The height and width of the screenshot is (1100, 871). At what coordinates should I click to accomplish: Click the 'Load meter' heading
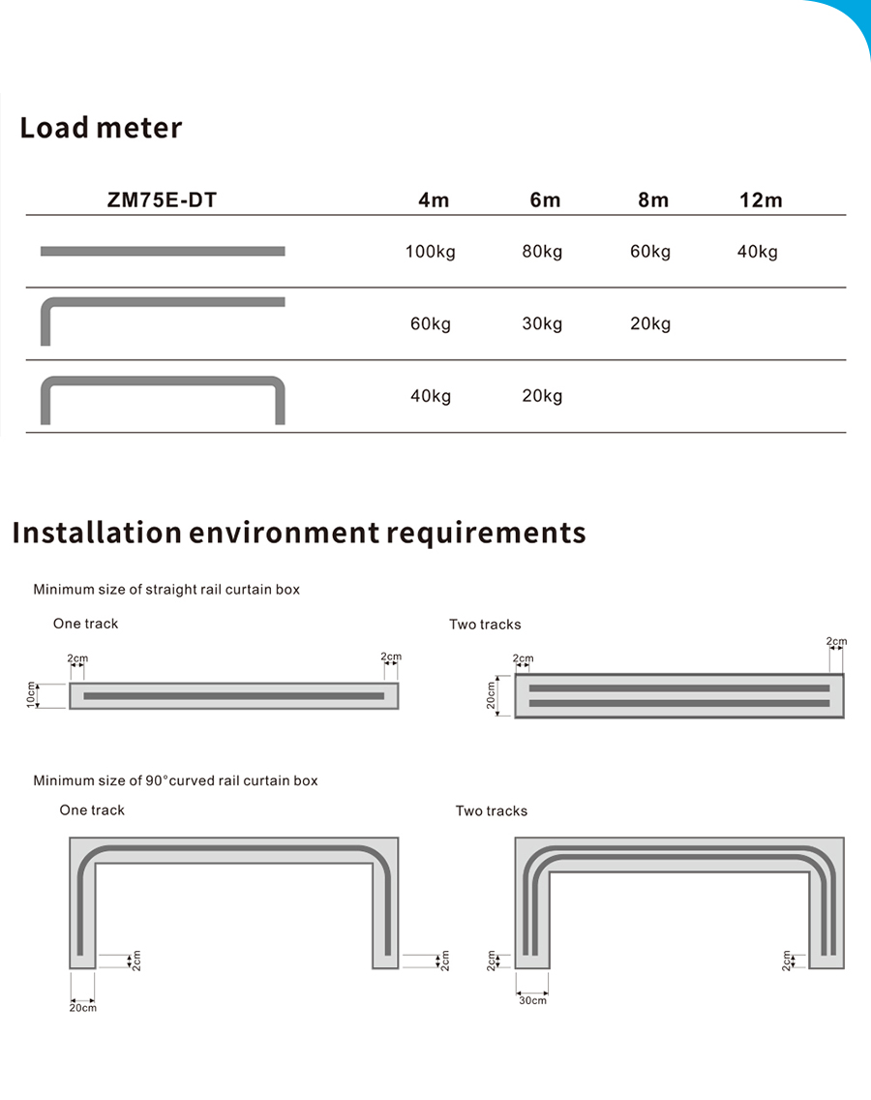point(101,128)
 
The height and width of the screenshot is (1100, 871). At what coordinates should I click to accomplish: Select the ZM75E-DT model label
point(162,200)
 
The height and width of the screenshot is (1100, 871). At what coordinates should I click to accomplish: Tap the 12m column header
point(760,200)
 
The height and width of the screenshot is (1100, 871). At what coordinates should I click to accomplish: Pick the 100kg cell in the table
point(430,252)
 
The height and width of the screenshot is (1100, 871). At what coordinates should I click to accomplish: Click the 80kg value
point(542,252)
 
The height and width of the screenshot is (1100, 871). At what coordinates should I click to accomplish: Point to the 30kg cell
point(542,323)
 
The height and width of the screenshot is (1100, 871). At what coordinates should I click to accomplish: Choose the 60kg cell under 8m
point(650,252)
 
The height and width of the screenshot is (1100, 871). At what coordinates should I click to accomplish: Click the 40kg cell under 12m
point(757,252)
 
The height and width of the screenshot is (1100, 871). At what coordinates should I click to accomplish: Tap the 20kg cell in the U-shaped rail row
point(542,395)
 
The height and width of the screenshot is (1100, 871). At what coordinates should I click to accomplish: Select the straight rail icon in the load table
point(163,252)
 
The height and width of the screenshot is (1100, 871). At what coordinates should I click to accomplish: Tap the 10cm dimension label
point(32,694)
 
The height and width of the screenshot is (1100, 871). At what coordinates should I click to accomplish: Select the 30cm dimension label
point(532,1000)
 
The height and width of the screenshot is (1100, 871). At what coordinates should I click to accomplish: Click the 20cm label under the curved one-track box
point(82,1008)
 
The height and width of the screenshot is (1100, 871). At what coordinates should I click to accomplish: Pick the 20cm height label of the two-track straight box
point(491,695)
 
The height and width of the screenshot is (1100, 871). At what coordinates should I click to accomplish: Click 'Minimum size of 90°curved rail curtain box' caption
point(175,780)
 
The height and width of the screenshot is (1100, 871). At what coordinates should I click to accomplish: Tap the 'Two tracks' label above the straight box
point(485,625)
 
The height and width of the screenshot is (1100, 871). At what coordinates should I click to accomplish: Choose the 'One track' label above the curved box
point(92,810)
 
